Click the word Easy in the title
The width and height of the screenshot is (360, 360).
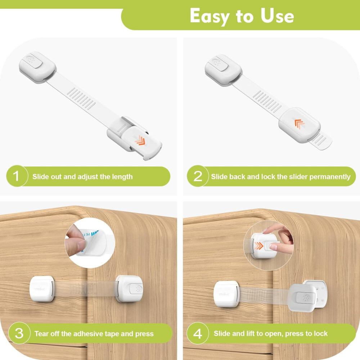[210, 16]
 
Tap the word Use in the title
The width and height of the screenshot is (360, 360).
[277, 16]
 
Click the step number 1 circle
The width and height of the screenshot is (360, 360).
[17, 176]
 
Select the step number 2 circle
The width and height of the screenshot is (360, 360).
[197, 176]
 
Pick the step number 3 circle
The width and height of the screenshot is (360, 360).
[19, 333]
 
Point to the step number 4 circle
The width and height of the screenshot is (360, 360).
[197, 333]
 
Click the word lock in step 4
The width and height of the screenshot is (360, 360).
[322, 333]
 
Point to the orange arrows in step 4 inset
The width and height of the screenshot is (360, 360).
[259, 246]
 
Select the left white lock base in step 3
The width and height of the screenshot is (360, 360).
[42, 289]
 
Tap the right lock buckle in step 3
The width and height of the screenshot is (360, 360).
[129, 289]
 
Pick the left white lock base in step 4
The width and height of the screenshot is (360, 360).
[226, 294]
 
